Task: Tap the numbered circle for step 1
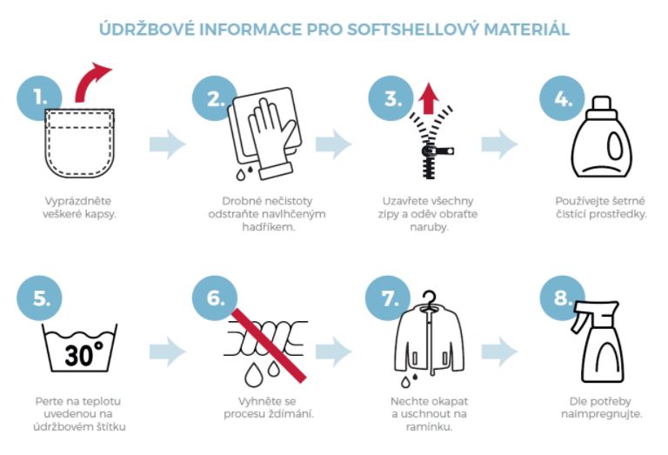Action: pyautogui.click(x=39, y=98)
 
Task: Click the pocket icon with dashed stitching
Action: pyautogui.click(x=79, y=144)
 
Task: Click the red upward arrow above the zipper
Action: pyautogui.click(x=429, y=98)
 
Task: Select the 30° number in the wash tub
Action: pyautogui.click(x=83, y=353)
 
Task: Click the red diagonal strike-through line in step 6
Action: pyautogui.click(x=269, y=345)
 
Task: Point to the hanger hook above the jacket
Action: pyautogui.click(x=430, y=298)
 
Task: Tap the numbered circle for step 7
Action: pyautogui.click(x=388, y=298)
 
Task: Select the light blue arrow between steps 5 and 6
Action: pyautogui.click(x=167, y=351)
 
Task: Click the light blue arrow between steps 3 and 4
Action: pyautogui.click(x=499, y=144)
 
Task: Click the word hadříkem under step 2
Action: pyautogui.click(x=269, y=227)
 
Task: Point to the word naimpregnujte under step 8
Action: pyautogui.click(x=601, y=413)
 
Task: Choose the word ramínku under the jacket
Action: pyautogui.click(x=429, y=426)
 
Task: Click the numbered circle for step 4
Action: pyautogui.click(x=562, y=98)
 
